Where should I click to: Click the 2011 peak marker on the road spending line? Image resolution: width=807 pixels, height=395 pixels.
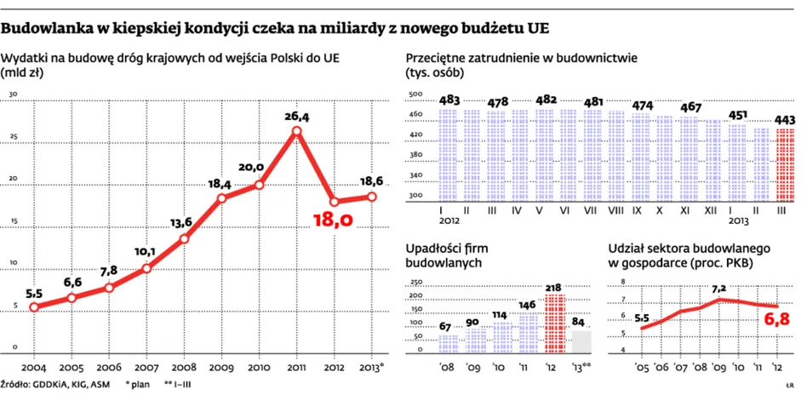(x=296, y=131)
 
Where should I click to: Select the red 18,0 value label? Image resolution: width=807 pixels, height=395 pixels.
(x=333, y=220)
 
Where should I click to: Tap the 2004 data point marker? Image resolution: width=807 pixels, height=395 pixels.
(x=34, y=307)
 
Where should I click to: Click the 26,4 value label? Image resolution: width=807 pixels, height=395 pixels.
(x=296, y=117)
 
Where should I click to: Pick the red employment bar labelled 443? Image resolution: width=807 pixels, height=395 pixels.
(x=786, y=165)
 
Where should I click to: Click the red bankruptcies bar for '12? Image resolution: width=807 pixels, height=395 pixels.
(x=555, y=323)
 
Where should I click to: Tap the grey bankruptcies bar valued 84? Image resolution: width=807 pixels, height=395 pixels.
(x=581, y=342)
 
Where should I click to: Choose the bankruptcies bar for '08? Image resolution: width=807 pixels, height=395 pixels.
(x=449, y=344)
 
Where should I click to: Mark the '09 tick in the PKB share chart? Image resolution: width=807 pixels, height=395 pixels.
(x=719, y=367)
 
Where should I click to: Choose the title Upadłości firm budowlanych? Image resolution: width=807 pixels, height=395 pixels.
(x=444, y=255)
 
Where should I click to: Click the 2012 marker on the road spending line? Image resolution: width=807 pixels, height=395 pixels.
(x=334, y=202)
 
